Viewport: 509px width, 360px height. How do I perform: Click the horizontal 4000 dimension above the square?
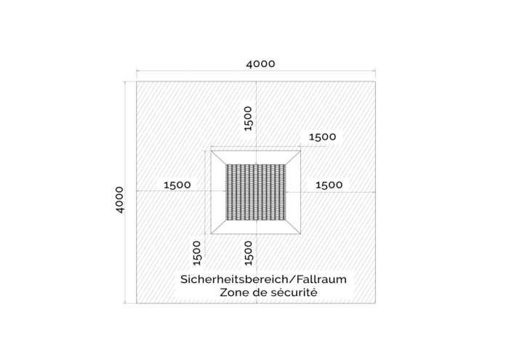click(260, 64)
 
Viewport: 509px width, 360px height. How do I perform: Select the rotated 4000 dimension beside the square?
click(119, 200)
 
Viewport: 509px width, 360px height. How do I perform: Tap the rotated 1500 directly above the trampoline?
click(248, 119)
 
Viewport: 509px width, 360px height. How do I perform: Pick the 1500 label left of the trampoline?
click(177, 185)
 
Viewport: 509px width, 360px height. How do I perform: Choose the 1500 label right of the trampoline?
click(329, 185)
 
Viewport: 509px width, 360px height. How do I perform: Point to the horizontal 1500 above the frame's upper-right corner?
click(322, 137)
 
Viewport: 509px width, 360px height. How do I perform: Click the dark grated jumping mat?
click(256, 192)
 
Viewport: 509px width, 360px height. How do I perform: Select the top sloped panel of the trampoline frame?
click(256, 157)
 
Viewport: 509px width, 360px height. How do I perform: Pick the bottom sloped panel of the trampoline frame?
click(256, 227)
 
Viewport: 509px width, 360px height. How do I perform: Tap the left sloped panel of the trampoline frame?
click(218, 192)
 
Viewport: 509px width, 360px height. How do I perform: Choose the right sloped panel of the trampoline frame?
click(293, 192)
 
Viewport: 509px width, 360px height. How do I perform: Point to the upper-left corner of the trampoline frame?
click(211, 151)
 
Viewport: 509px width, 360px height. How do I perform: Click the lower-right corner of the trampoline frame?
click(300, 233)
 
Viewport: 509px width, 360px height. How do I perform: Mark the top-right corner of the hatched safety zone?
click(376, 81)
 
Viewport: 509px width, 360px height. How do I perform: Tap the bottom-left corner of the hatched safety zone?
click(137, 303)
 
